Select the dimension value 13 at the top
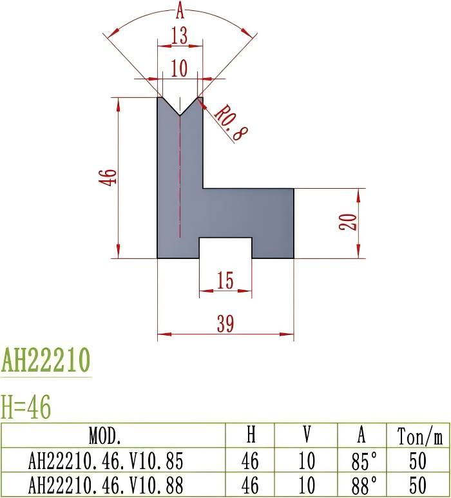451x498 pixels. pyautogui.click(x=180, y=37)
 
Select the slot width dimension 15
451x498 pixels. pyautogui.click(x=225, y=281)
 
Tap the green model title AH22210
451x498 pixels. pyautogui.click(x=46, y=361)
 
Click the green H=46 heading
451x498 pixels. pyautogui.click(x=26, y=407)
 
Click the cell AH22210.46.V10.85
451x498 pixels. pyautogui.click(x=106, y=461)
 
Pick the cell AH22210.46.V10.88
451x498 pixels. pyautogui.click(x=106, y=484)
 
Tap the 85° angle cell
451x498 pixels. pyautogui.click(x=362, y=461)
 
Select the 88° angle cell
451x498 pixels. pyautogui.click(x=362, y=484)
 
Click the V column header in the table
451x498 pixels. pyautogui.click(x=307, y=436)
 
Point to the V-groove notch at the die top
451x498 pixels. pyautogui.click(x=180, y=106)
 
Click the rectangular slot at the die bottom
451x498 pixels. pyautogui.click(x=225, y=248)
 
